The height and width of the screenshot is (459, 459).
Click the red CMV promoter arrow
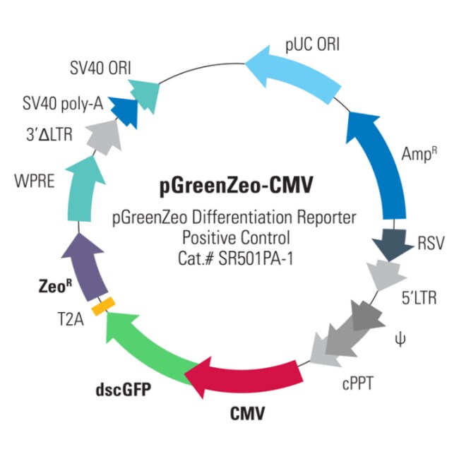click(x=246, y=376)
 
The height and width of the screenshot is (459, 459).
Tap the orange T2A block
click(x=103, y=306)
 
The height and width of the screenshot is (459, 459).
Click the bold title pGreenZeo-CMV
click(x=237, y=185)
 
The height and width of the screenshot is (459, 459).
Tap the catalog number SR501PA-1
click(x=256, y=258)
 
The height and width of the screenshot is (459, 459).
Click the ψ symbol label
click(x=400, y=340)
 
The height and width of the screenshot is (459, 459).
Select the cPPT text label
click(x=358, y=383)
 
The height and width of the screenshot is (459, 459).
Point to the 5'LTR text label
click(x=419, y=298)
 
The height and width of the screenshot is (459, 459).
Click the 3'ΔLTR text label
click(x=49, y=135)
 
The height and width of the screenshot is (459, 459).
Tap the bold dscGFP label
click(x=124, y=389)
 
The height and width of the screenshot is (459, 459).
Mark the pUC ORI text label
click(x=312, y=45)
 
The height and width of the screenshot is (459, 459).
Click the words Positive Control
click(x=237, y=237)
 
